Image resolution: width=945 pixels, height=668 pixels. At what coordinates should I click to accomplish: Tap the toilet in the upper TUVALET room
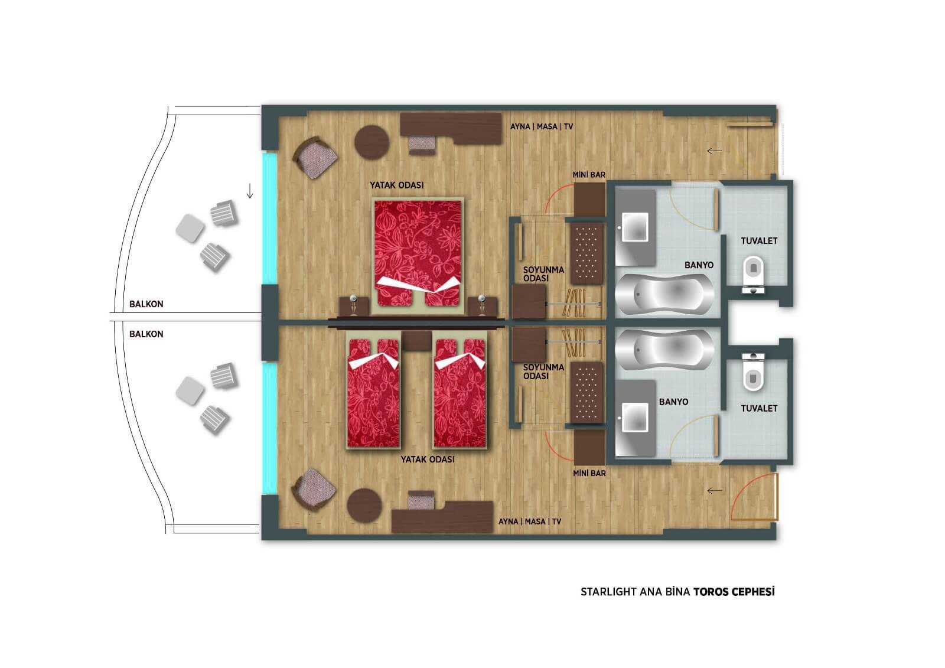pyautogui.click(x=753, y=273)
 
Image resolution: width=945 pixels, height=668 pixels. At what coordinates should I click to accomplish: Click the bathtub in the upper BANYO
pyautogui.click(x=665, y=294)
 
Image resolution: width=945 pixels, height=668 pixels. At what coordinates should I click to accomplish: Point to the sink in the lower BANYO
pyautogui.click(x=635, y=417)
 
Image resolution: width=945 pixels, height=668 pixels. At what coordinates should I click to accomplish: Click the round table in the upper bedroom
pyautogui.click(x=372, y=142)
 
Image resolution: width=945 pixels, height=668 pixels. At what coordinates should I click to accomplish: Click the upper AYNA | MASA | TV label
pyautogui.click(x=542, y=126)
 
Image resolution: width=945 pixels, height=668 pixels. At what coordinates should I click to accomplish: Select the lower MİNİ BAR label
pyautogui.click(x=589, y=474)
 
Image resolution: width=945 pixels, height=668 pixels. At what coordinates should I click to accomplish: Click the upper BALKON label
pyautogui.click(x=146, y=304)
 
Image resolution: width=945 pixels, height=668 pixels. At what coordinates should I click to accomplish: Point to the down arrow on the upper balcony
pyautogui.click(x=250, y=191)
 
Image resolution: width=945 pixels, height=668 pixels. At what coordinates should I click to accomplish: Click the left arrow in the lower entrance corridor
pyautogui.click(x=714, y=490)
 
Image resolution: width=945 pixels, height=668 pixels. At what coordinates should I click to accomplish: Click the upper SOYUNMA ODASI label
pyautogui.click(x=543, y=274)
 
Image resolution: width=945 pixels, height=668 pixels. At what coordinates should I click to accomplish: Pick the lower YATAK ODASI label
pyautogui.click(x=428, y=459)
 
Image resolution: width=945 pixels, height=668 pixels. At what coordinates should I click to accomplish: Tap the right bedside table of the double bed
pyautogui.click(x=483, y=307)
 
